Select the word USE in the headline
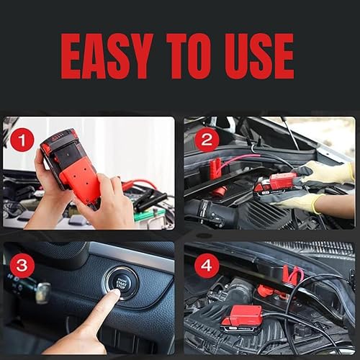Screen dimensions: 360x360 pyautogui.click(x=268, y=56)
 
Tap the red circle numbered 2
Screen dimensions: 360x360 pyautogui.click(x=206, y=139)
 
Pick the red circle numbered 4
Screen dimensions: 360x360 pyautogui.click(x=207, y=266)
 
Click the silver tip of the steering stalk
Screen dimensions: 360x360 pyautogui.click(x=42, y=292)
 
